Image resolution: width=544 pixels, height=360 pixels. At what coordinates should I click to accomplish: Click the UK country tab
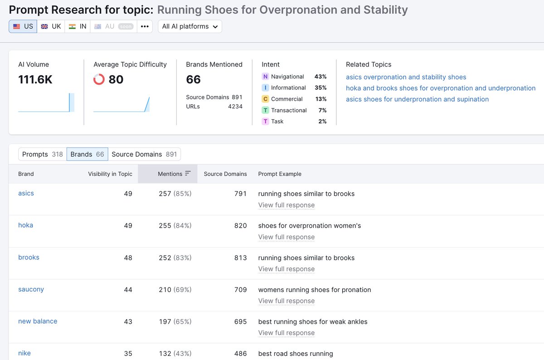(x=51, y=26)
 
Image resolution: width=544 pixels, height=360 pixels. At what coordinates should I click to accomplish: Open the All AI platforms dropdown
(x=190, y=26)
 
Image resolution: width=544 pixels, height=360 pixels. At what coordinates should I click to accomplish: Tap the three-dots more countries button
(x=145, y=26)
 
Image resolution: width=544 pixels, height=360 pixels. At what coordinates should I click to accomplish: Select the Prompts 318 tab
(x=42, y=154)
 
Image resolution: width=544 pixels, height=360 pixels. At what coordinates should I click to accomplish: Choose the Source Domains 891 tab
(x=144, y=154)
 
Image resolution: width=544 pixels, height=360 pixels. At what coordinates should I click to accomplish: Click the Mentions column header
(x=170, y=174)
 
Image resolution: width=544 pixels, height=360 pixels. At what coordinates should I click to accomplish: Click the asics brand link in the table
(x=26, y=193)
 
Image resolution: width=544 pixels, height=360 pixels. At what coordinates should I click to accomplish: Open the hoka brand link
(x=25, y=225)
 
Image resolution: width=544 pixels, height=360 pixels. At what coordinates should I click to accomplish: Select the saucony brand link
(x=31, y=289)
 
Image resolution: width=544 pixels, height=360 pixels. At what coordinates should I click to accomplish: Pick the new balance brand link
(x=38, y=321)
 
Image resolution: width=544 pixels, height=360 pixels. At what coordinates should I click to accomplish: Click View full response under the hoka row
(x=286, y=237)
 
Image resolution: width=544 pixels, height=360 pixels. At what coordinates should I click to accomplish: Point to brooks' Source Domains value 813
(x=240, y=258)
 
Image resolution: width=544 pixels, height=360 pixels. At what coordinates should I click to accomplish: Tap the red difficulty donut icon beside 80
(x=99, y=79)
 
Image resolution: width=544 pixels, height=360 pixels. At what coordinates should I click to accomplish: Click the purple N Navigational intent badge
(x=266, y=77)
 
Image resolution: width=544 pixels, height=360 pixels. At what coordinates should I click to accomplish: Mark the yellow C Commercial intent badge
(x=266, y=99)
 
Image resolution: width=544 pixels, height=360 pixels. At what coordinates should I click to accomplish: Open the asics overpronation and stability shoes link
(x=406, y=77)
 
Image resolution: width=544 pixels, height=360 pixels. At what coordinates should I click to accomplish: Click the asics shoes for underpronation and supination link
(x=417, y=99)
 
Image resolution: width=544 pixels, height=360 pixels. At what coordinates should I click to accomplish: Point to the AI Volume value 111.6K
(x=35, y=80)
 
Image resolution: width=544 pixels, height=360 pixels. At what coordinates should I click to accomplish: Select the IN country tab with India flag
(x=77, y=26)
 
